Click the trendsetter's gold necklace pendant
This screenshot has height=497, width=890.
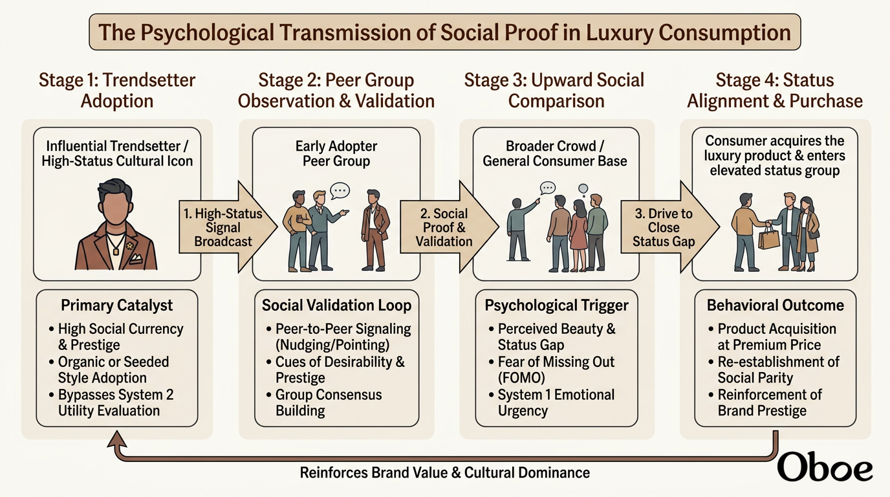pyautogui.click(x=116, y=251)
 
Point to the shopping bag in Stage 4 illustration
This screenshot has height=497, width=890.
pyautogui.click(x=769, y=237)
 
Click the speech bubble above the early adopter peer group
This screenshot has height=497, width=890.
pyautogui.click(x=340, y=190)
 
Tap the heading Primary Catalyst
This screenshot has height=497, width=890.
pyautogui.click(x=117, y=305)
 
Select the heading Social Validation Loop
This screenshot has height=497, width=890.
pyautogui.click(x=336, y=305)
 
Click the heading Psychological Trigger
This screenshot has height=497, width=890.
pyautogui.click(x=556, y=305)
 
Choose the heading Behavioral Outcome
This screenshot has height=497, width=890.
pyautogui.click(x=775, y=305)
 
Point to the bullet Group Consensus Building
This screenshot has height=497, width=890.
pyautogui.click(x=324, y=403)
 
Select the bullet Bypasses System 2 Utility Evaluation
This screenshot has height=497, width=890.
pyautogui.click(x=112, y=403)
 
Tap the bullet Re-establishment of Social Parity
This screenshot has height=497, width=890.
pyautogui.click(x=774, y=370)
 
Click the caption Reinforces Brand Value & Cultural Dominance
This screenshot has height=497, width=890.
pyautogui.click(x=444, y=473)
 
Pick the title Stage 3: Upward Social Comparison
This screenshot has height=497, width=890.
pyautogui.click(x=555, y=90)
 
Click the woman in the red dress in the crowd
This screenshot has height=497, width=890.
pyautogui.click(x=578, y=236)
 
